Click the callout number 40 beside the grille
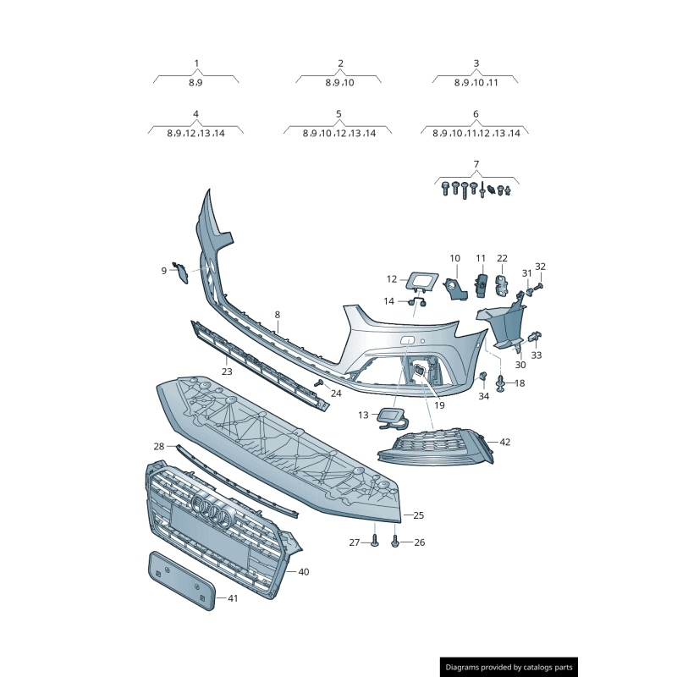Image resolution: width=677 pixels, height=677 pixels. (304, 572)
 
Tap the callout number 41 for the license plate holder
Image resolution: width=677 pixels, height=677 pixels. (233, 598)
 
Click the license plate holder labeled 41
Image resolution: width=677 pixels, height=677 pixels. (179, 580)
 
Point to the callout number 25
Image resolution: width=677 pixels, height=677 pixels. (419, 515)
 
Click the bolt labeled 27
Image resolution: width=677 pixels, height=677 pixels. (375, 542)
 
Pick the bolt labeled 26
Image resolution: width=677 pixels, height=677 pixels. (396, 542)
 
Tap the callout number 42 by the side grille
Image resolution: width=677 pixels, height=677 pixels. (505, 442)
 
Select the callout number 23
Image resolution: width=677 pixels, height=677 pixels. (227, 371)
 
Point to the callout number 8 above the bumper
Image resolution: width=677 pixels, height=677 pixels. (277, 315)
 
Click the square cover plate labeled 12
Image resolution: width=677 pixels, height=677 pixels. (420, 280)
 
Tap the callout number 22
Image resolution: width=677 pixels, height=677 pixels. (502, 258)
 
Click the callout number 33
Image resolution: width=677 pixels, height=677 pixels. (537, 355)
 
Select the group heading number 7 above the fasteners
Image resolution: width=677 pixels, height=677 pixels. (476, 164)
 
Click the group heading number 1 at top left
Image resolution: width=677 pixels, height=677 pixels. (196, 63)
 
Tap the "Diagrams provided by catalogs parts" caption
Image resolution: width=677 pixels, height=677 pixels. (509, 668)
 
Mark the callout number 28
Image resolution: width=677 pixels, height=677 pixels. (159, 446)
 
